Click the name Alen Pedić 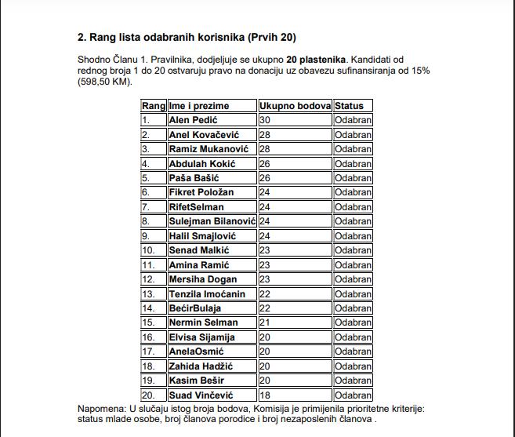[x=193, y=120]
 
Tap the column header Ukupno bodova [x=295, y=105]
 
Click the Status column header [x=349, y=105]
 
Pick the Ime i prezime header [x=199, y=105]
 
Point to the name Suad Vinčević [x=201, y=395]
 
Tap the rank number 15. [x=149, y=322]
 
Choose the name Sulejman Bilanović [x=212, y=221]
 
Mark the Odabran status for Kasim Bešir [x=353, y=381]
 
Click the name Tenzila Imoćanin [x=207, y=294]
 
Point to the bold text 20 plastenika [x=316, y=60]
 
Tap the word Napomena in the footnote [x=102, y=409]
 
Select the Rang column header [x=153, y=105]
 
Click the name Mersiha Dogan [x=201, y=279]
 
